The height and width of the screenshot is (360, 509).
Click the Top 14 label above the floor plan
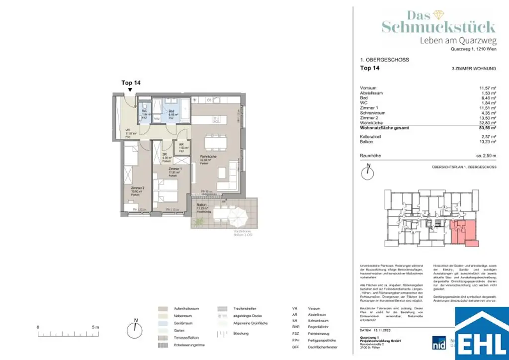click(x=131, y=83)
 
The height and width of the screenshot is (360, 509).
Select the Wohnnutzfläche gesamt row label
click(x=385, y=127)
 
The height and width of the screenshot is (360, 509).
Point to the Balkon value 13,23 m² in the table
click(x=488, y=141)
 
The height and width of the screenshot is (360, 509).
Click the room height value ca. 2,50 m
click(x=485, y=156)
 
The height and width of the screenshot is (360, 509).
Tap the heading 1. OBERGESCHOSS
click(x=384, y=60)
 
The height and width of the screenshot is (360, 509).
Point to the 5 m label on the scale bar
click(x=95, y=327)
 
